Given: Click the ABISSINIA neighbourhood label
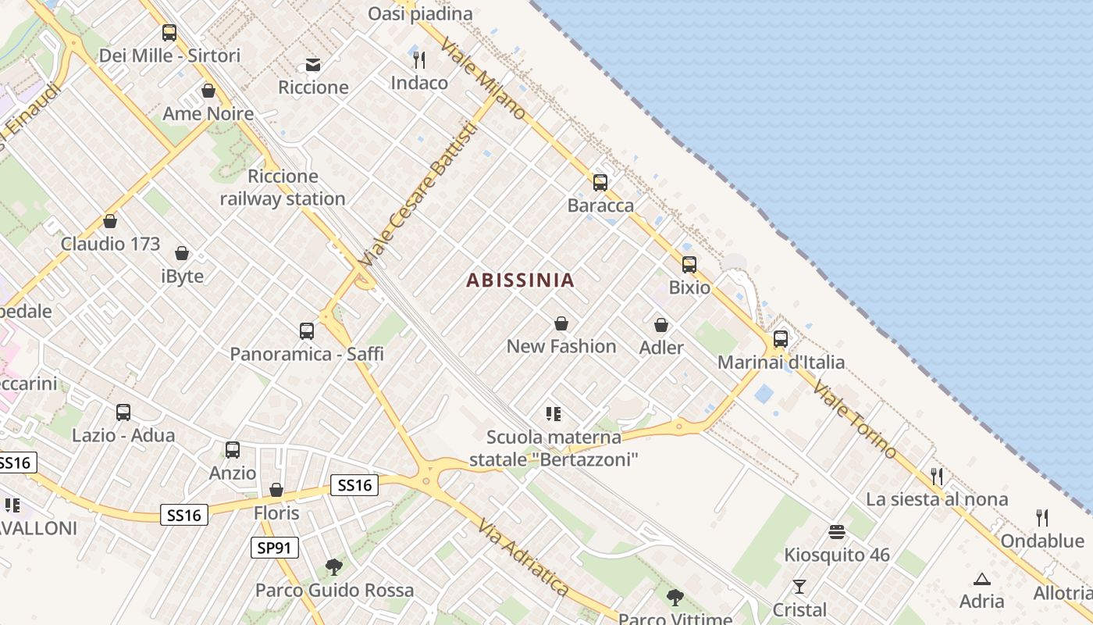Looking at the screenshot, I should (520, 280).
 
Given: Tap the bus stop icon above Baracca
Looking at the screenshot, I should (600, 183).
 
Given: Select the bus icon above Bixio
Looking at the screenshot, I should (689, 265).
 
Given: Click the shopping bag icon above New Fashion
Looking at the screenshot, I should (561, 323).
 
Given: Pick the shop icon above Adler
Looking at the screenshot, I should (661, 325).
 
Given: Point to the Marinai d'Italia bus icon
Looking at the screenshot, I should (780, 339).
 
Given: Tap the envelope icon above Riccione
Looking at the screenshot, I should (313, 64).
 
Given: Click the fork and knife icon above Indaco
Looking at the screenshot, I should (419, 60).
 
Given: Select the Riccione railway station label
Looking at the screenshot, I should (282, 187).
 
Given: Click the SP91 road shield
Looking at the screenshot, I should (276, 548).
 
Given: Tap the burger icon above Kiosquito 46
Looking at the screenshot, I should (837, 533).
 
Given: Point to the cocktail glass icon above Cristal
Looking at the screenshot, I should (799, 587).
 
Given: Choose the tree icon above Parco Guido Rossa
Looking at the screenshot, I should (334, 566).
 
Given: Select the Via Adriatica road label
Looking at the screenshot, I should (523, 556).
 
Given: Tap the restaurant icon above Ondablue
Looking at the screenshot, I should (1041, 517).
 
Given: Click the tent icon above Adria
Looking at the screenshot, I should (981, 579).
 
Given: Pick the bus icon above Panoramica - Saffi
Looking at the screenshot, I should (306, 331).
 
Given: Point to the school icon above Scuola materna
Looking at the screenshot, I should (554, 414).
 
